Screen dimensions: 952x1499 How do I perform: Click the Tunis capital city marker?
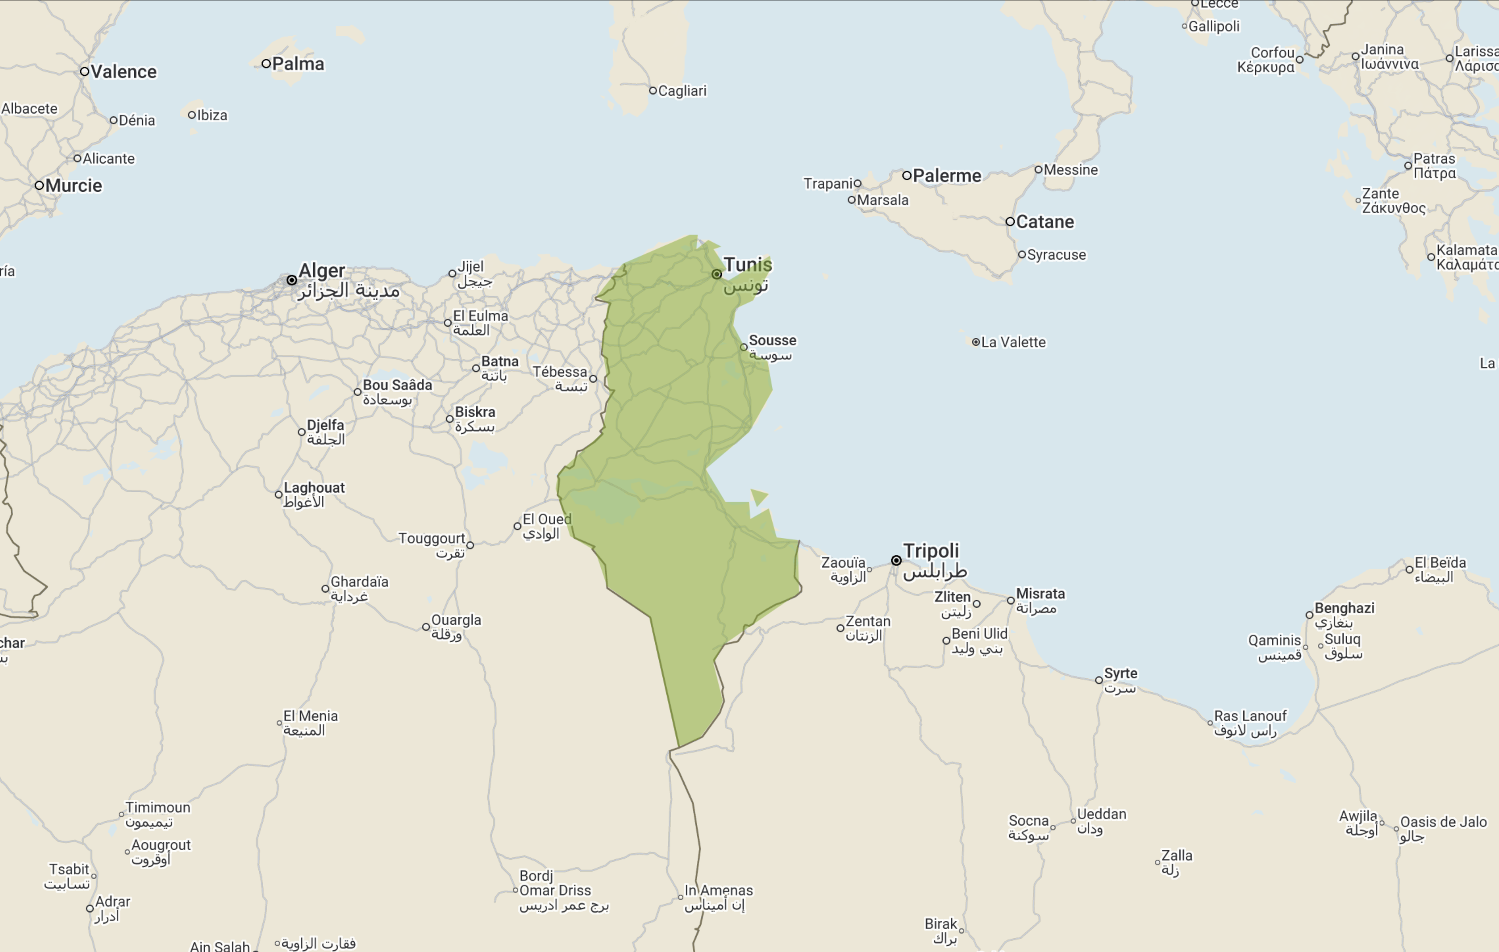tap(717, 274)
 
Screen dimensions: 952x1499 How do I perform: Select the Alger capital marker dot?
tap(291, 280)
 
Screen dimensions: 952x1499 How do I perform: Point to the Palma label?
tap(297, 64)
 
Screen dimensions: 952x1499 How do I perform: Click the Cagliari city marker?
tap(653, 91)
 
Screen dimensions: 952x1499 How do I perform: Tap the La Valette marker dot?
tap(975, 342)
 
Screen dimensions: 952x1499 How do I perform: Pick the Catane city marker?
tap(1010, 222)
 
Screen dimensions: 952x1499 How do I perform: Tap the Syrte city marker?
tap(1099, 680)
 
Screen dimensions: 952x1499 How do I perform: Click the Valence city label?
tap(123, 72)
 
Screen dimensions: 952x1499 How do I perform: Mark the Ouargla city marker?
tap(426, 627)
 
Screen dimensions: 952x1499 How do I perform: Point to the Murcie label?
tap(73, 186)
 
